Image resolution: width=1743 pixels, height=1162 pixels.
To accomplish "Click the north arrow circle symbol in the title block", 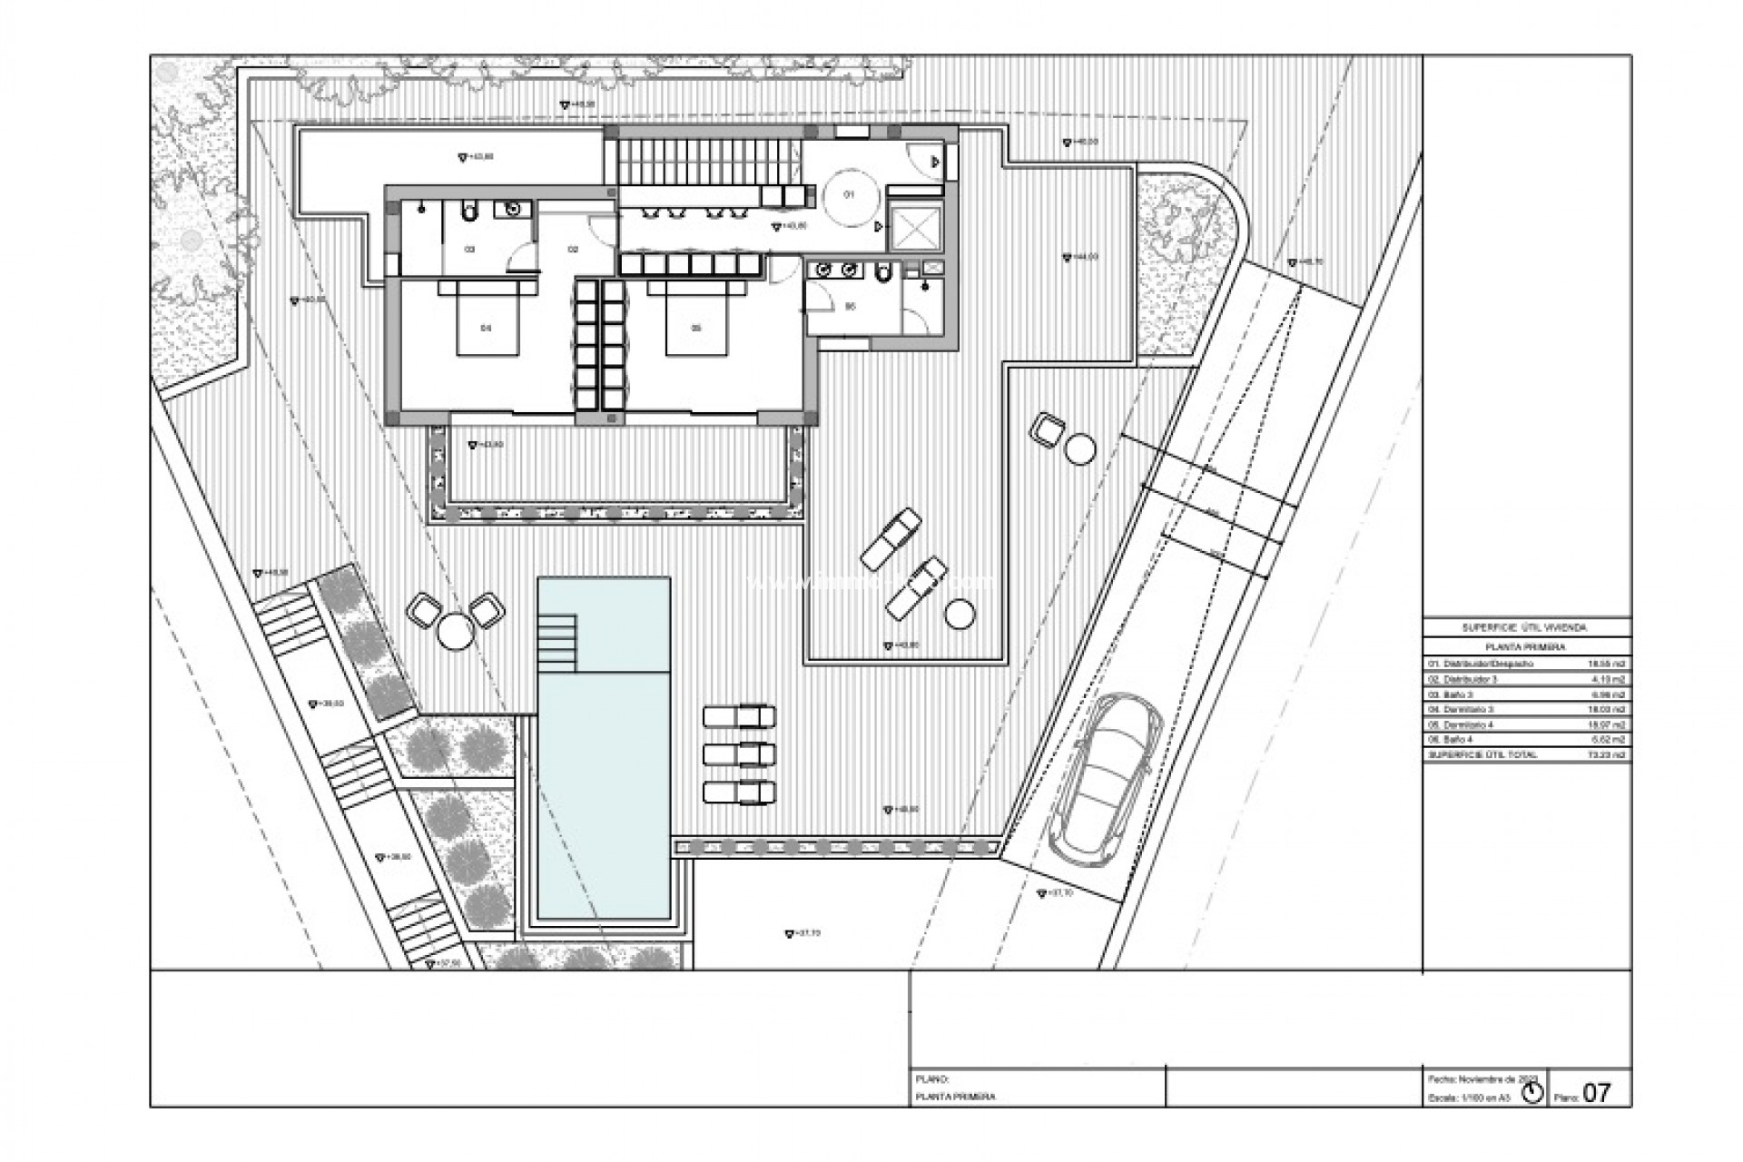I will pyautogui.click(x=1532, y=1093).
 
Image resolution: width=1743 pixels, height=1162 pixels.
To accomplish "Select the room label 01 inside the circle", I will pyautogui.click(x=851, y=194).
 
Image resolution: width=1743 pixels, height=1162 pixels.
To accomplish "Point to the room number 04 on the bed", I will pyautogui.click(x=486, y=328).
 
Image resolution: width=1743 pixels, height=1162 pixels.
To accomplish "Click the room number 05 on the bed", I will pyautogui.click(x=696, y=328).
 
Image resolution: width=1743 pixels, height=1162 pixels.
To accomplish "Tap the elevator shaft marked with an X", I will pyautogui.click(x=915, y=228).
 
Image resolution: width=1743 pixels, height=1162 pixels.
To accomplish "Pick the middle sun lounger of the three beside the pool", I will pyautogui.click(x=739, y=754).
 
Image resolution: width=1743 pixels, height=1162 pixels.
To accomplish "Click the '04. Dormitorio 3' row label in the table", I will pyautogui.click(x=1462, y=709).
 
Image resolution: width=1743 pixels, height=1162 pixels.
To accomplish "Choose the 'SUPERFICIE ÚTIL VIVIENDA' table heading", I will pyautogui.click(x=1526, y=627).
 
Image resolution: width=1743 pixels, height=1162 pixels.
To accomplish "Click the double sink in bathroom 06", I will pyautogui.click(x=835, y=270).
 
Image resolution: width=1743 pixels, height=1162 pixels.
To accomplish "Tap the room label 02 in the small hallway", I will pyautogui.click(x=574, y=248).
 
